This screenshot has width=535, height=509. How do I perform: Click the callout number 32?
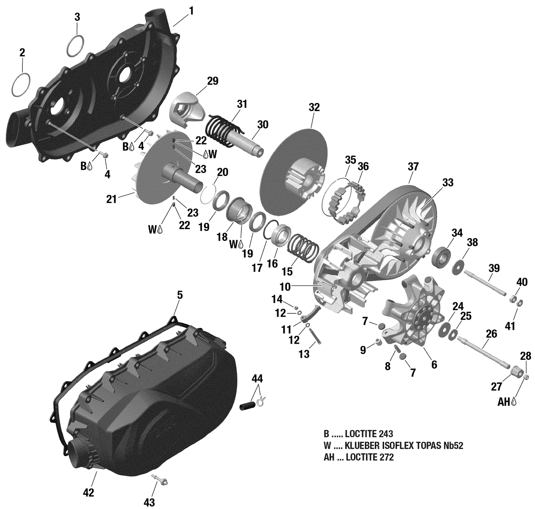coord(314,107)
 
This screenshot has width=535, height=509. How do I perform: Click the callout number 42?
coord(88,493)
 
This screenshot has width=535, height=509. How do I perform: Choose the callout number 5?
coord(179,295)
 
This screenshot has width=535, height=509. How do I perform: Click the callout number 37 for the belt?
coord(413,167)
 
